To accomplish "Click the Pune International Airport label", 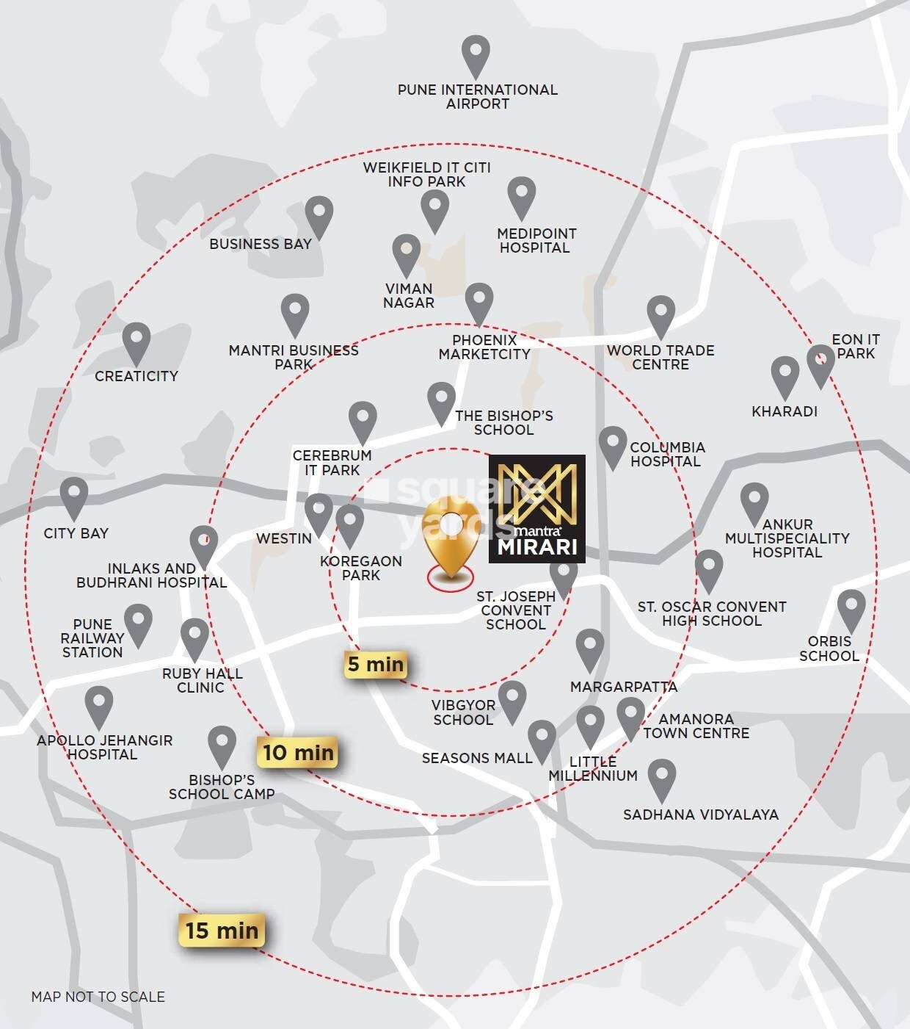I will point(477,96).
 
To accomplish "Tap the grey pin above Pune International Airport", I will point(476,56).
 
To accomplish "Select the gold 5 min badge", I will point(375,665).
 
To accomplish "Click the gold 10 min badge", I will point(298,752).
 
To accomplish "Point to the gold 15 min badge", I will point(221,931).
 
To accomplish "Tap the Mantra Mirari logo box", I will point(537,508).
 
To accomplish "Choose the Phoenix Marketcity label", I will point(484,347).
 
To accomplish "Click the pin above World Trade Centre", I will point(660,316).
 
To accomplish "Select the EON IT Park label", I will point(856,346).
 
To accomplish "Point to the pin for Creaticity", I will point(136,343).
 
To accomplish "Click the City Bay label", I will point(76,533).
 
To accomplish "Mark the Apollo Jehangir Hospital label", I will point(105,747).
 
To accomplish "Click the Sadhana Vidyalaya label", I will point(700,814).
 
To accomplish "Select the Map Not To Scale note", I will point(98,997).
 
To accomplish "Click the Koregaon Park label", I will point(361,568).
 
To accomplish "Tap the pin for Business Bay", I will point(318,215).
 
